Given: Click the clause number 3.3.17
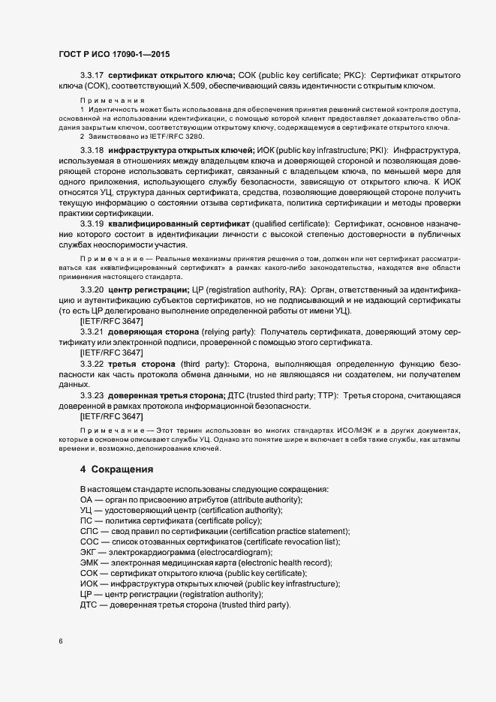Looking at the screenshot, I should coord(92,76).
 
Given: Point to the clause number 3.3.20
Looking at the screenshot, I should coord(92,289).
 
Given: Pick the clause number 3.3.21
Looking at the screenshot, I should coord(92,331).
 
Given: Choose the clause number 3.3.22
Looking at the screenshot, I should coord(92,363).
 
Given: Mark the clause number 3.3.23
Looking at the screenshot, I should coord(92,395).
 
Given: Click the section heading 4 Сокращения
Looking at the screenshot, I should coord(116,469).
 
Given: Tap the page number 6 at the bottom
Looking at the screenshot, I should coord(61,640).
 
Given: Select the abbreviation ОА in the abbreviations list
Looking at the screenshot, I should coord(86,499).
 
